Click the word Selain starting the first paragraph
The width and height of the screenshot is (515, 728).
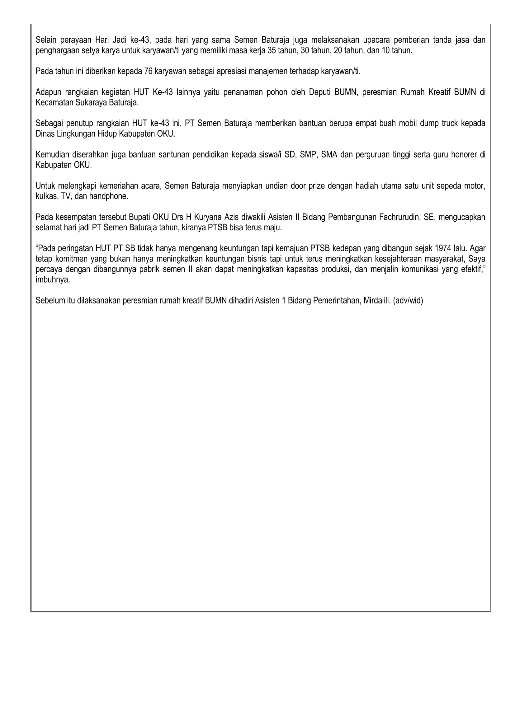(45, 40)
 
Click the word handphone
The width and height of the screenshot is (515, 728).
(108, 196)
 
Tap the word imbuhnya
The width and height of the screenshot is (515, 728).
(53, 280)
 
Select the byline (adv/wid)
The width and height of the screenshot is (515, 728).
(408, 301)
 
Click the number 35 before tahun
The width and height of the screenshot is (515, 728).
(272, 50)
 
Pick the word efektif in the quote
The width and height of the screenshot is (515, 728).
(473, 269)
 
